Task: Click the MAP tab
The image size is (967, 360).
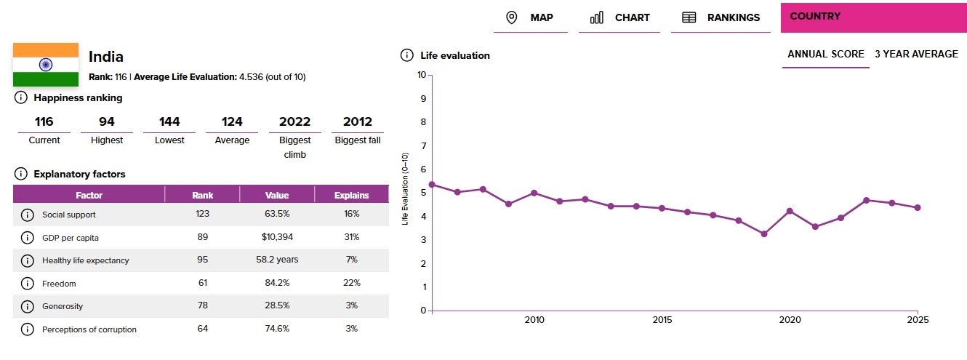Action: click(529, 17)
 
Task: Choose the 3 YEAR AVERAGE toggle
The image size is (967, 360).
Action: click(916, 54)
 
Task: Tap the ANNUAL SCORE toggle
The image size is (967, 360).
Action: click(825, 54)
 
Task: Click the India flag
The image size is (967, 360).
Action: click(46, 65)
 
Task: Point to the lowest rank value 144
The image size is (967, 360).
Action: click(169, 121)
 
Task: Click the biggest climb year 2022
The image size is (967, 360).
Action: click(294, 121)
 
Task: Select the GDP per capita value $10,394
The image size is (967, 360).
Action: click(277, 237)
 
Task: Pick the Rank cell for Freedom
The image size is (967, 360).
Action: click(202, 284)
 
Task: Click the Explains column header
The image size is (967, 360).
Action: click(351, 195)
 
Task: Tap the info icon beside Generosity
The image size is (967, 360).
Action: click(28, 306)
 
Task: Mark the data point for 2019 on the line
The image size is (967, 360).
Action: click(764, 234)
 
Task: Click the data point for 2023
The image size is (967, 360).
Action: click(867, 200)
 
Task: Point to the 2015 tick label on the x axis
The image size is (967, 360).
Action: click(662, 320)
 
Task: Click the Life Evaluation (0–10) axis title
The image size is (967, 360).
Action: click(406, 189)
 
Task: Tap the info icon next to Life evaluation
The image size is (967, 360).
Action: click(407, 55)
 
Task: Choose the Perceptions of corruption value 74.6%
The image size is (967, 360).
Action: click(277, 329)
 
